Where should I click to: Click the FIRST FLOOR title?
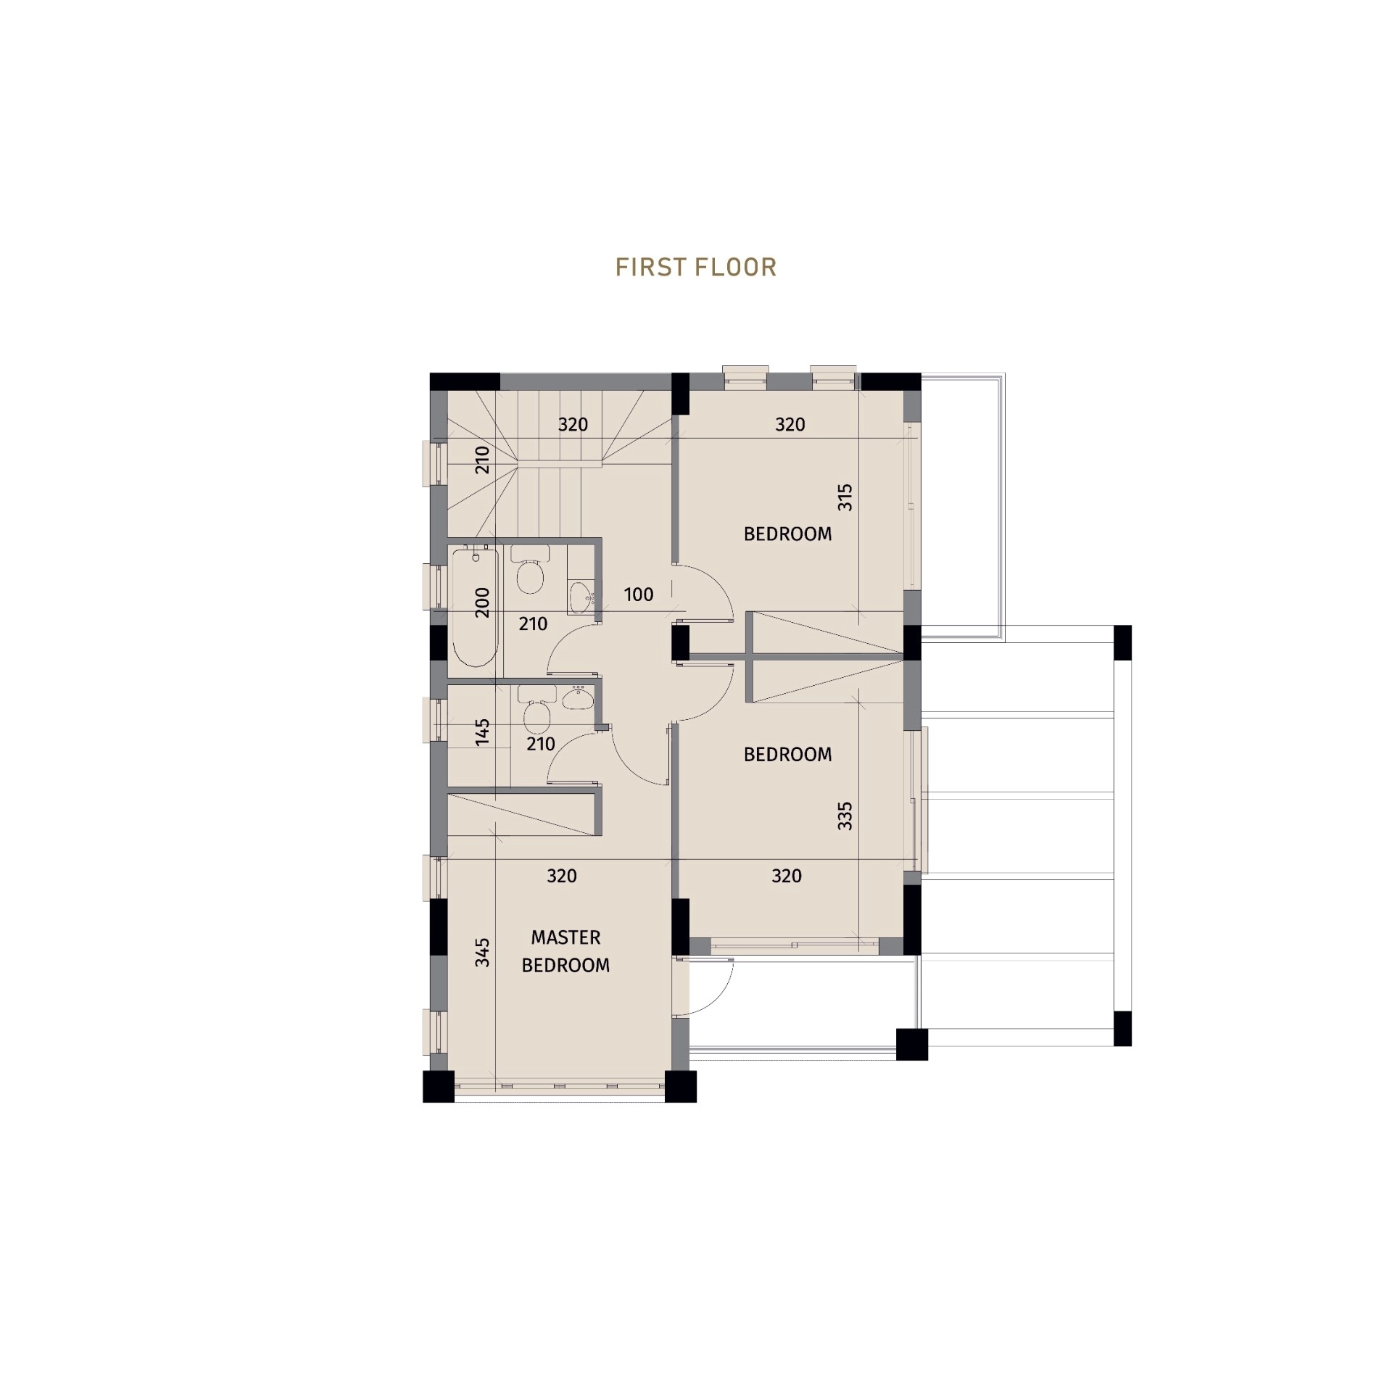(x=696, y=267)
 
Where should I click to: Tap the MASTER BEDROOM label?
(x=565, y=951)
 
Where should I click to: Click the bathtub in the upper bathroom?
(x=475, y=608)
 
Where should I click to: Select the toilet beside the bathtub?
(x=530, y=570)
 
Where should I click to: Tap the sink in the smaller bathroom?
(x=578, y=697)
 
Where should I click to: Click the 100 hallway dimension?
(x=639, y=594)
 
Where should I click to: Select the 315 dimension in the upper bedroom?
(x=845, y=497)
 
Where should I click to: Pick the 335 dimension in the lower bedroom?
(x=845, y=816)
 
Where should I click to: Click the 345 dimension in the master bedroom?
(x=483, y=953)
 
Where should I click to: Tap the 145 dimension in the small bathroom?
(x=483, y=732)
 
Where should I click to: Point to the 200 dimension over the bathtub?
(x=482, y=602)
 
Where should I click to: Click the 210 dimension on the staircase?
(x=482, y=460)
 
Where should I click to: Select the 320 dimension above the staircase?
(x=573, y=425)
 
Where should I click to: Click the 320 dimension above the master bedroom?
(x=562, y=876)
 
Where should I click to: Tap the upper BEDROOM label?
(x=788, y=534)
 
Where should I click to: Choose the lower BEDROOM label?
(x=788, y=755)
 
